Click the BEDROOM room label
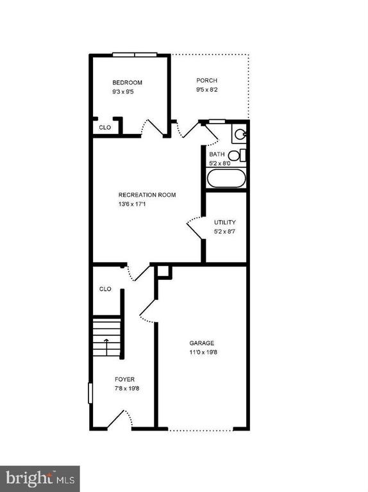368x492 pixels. coord(127,83)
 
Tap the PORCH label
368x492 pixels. coord(206,80)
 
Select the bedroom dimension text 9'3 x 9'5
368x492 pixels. coord(123,92)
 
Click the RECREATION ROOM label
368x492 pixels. coord(147,195)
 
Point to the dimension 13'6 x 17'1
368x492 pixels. coord(132,204)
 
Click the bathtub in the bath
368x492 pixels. coord(226,178)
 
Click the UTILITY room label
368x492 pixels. coord(225,222)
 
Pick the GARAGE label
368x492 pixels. coord(201,343)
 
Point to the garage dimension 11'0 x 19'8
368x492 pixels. coord(203,352)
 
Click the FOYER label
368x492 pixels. coord(124,379)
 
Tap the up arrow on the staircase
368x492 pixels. coord(106,347)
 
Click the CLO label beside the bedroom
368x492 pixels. coord(105,127)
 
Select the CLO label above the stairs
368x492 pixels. coord(105,289)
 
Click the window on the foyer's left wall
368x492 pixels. coord(90,393)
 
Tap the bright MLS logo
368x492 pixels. coord(40,479)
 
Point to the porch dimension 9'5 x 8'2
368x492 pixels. coord(207,90)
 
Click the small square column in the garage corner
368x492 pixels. coord(164,272)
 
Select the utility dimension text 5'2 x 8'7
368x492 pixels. coord(224,232)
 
